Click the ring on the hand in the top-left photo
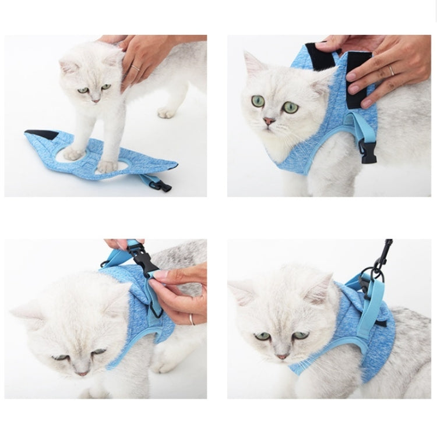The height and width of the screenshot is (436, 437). tap(136, 68)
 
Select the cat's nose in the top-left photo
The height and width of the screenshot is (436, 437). tap(94, 100)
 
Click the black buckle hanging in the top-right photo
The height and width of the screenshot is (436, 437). tap(368, 152)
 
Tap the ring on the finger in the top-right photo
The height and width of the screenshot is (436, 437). tap(392, 70)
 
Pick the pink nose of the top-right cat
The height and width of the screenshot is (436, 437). tap(269, 122)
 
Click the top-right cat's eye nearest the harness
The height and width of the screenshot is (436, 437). tap(290, 107)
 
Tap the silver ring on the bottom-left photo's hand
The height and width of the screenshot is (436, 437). tap(191, 318)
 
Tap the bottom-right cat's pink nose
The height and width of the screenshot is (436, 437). tap(281, 356)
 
